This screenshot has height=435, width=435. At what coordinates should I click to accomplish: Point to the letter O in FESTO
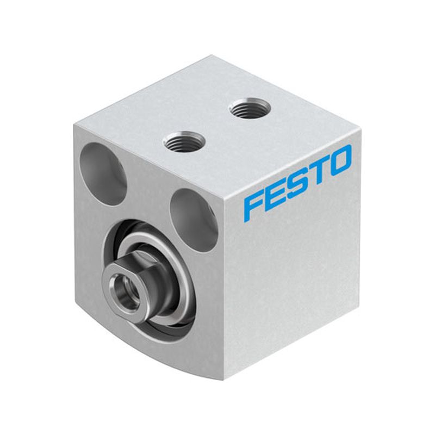339,161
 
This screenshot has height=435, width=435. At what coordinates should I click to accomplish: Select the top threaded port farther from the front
249,108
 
